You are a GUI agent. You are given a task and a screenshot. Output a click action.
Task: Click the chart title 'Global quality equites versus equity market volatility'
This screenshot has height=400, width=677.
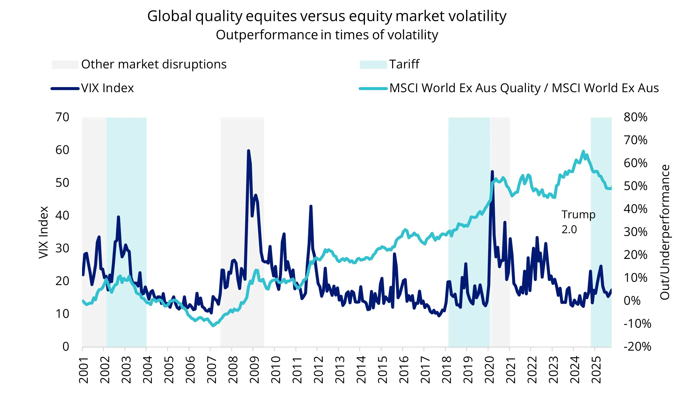[327, 16]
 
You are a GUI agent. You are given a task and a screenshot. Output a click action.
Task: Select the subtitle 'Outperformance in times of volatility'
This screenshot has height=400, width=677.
[327, 35]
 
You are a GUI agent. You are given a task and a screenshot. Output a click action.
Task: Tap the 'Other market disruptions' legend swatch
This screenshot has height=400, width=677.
[65, 65]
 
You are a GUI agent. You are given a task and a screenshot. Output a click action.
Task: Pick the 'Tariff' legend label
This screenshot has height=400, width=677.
[404, 64]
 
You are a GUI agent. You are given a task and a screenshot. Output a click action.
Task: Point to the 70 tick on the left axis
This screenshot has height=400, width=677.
[62, 117]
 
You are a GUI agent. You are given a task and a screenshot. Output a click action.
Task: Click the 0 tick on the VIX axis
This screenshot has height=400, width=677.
[66, 347]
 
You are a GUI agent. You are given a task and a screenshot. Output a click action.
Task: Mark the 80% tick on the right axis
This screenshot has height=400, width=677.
[636, 117]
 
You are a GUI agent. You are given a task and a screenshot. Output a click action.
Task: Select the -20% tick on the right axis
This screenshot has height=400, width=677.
[637, 347]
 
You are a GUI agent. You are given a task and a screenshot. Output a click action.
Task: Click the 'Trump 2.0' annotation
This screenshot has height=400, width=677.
[578, 222]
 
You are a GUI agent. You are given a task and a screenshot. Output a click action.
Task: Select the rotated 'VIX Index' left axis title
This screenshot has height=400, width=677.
[44, 232]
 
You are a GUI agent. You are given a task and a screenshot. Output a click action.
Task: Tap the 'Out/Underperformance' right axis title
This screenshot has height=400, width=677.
[665, 232]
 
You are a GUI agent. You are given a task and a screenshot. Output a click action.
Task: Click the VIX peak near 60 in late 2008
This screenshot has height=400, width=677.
[248, 151]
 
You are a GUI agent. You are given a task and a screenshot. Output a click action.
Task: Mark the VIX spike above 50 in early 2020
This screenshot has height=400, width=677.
[492, 172]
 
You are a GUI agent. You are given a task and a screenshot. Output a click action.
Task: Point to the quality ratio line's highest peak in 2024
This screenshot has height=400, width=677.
[583, 152]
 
